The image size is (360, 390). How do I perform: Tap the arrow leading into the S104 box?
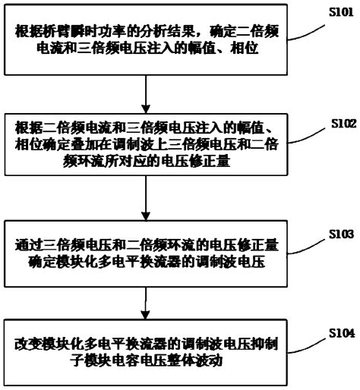point(144,304)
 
